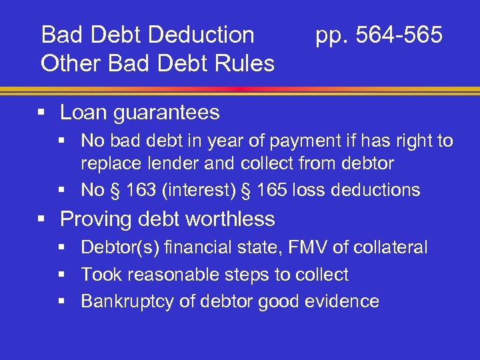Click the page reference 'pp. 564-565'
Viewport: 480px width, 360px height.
click(379, 35)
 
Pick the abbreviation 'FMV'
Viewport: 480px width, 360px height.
click(315, 248)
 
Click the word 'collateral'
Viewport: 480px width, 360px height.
click(392, 248)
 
